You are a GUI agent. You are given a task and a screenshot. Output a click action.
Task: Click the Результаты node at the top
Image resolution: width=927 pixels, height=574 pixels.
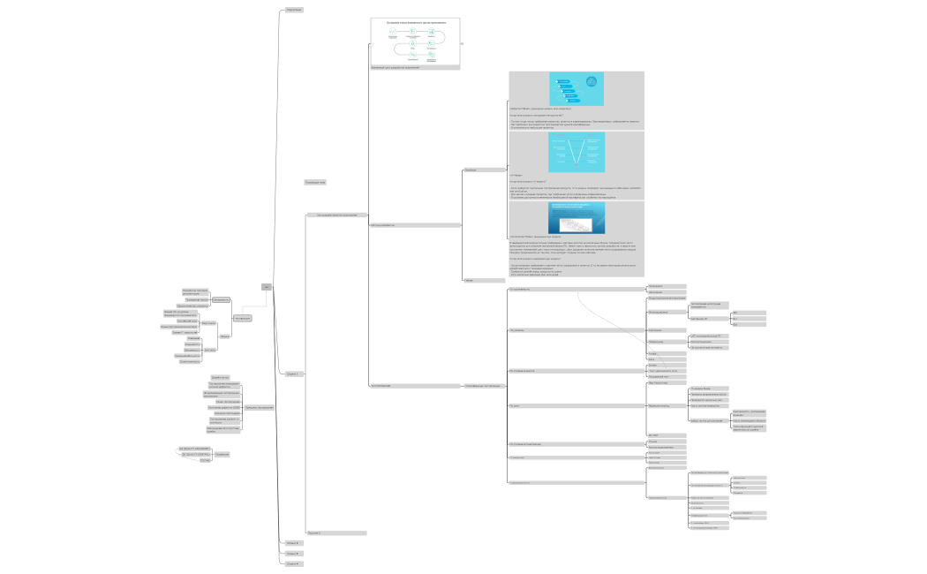point(294,9)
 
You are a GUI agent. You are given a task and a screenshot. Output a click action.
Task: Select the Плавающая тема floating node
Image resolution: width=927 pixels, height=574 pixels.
point(315,183)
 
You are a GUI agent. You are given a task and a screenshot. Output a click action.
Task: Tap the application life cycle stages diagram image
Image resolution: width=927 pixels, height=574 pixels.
point(414,43)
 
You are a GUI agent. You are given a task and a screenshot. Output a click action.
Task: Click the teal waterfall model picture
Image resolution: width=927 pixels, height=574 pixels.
point(577,87)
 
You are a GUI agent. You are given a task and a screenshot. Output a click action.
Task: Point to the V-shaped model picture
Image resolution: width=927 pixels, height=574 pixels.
point(577,152)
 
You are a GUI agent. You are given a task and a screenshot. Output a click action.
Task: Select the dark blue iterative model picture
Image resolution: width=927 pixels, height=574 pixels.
point(577,218)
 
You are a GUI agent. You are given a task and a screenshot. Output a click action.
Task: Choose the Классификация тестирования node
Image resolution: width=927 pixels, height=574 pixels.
point(483,386)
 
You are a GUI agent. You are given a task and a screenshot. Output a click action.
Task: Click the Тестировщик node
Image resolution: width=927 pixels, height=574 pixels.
point(243,318)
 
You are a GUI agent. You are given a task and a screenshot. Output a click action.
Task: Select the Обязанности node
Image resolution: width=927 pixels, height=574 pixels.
point(222,299)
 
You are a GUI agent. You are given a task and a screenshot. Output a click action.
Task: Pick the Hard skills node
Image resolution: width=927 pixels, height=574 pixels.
point(209,323)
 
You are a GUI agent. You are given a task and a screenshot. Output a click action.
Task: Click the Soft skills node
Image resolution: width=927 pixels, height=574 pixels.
point(209,350)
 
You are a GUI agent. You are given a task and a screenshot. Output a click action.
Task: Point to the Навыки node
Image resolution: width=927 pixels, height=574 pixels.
point(224,336)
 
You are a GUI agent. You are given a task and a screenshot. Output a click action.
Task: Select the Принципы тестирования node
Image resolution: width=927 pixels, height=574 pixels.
point(259,407)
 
